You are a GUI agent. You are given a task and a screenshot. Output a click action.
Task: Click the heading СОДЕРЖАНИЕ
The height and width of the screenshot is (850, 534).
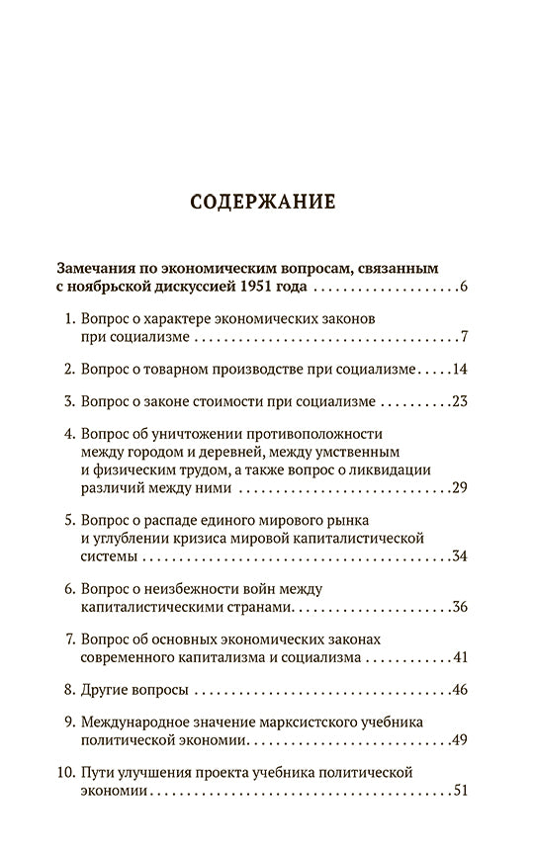[266, 204]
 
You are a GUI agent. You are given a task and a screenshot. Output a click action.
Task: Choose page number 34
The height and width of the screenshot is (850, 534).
[459, 556]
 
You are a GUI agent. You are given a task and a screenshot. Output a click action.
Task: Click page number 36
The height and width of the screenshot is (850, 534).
[459, 608]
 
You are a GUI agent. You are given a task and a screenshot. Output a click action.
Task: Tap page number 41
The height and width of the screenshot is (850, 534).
[459, 658]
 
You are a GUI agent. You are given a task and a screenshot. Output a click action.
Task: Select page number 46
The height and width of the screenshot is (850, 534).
[459, 690]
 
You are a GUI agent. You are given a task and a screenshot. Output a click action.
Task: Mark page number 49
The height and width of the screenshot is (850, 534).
[459, 739]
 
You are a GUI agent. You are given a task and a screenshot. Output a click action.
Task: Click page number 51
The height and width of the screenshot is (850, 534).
[459, 791]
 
